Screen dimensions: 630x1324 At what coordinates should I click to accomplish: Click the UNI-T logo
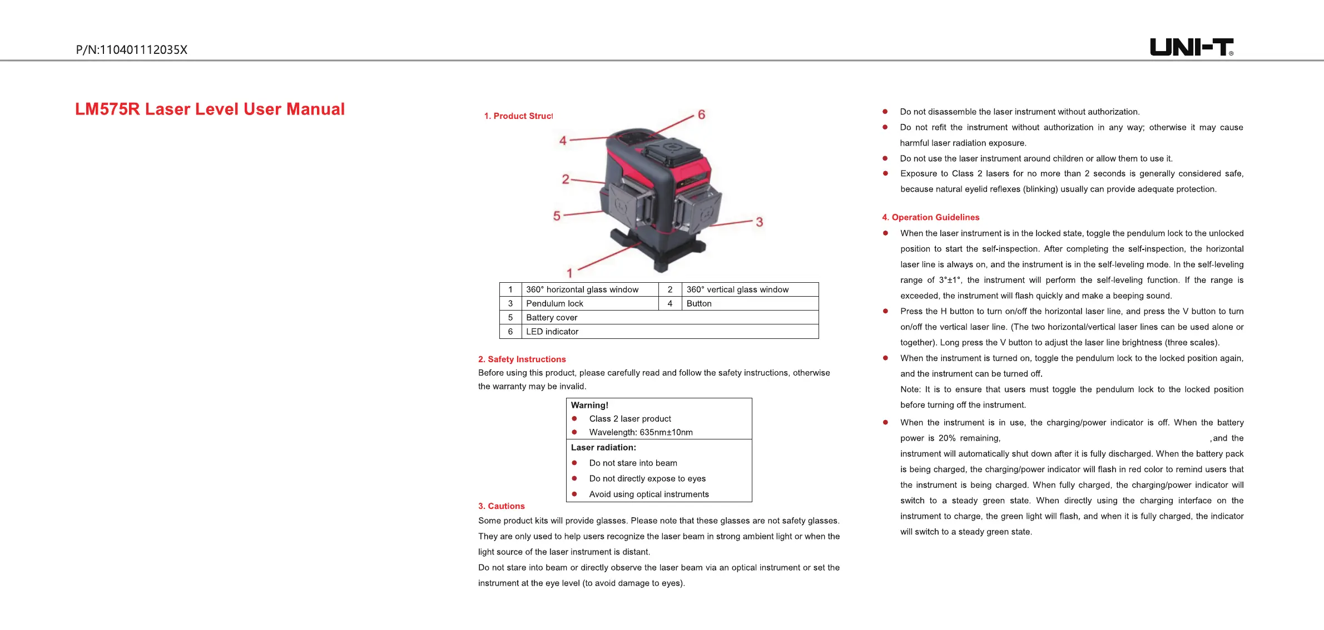tap(1191, 47)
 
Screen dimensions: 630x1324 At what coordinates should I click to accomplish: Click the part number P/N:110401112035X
tap(132, 50)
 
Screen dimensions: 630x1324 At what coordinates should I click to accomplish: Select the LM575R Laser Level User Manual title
tap(210, 109)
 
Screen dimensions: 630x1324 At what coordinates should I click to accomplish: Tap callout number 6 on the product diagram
tap(701, 115)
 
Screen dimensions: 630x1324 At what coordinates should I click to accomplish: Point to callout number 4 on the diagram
tap(563, 141)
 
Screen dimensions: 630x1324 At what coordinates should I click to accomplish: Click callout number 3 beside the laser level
tap(759, 222)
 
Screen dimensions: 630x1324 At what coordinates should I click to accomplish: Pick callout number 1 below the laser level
tap(569, 273)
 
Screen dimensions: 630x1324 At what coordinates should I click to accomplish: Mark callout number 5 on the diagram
tap(557, 216)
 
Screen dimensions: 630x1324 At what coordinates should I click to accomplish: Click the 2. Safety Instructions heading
tap(522, 359)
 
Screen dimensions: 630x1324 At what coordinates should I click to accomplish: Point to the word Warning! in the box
tap(589, 406)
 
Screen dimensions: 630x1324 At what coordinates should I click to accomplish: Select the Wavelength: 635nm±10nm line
tap(641, 432)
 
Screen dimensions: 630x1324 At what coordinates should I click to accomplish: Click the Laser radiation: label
tap(603, 448)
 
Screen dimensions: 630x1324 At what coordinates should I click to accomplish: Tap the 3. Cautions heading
tap(501, 506)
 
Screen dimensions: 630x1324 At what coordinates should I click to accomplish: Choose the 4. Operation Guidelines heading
tap(930, 217)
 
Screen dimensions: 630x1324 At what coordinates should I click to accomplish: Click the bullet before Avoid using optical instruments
tap(574, 494)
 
